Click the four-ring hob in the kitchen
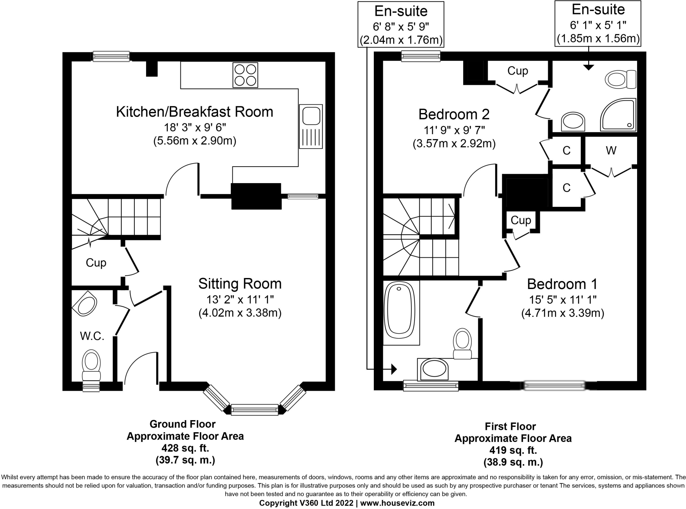(x=245, y=75)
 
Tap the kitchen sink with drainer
(x=311, y=126)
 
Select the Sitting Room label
(x=240, y=284)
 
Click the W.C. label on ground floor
(x=92, y=336)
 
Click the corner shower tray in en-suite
(x=618, y=115)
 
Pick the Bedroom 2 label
(x=454, y=114)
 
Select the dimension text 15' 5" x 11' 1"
(x=563, y=299)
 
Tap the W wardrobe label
(x=611, y=151)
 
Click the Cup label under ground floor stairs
(x=96, y=263)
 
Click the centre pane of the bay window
(x=255, y=409)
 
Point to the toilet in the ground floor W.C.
(x=91, y=365)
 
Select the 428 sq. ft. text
(x=185, y=448)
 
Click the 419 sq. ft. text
(x=513, y=450)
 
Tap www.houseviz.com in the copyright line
(x=397, y=503)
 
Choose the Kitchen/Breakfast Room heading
(x=195, y=112)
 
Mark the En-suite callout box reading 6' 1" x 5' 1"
(x=598, y=23)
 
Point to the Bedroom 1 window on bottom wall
(x=554, y=386)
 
